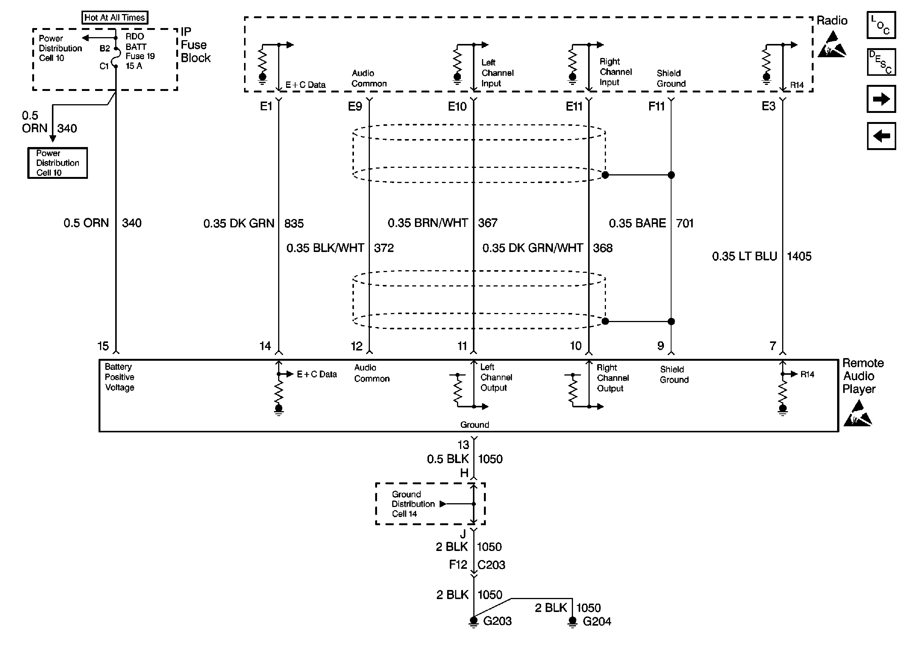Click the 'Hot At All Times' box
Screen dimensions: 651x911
(114, 18)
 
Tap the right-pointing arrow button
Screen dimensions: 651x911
(881, 99)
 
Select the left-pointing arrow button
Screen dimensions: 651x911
(881, 136)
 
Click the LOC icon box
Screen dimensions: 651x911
(881, 25)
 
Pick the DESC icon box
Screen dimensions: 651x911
(881, 62)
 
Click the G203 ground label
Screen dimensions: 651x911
(497, 621)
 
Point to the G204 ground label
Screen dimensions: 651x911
(596, 621)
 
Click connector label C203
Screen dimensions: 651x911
(491, 565)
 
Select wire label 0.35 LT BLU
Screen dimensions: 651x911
(744, 256)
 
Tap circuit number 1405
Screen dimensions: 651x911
(799, 256)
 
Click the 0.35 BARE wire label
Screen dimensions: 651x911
(637, 223)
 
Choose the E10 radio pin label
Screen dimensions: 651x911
(457, 106)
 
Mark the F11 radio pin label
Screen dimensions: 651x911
(656, 106)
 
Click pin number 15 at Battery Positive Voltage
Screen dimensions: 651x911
(103, 346)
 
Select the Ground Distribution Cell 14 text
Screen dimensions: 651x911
(413, 504)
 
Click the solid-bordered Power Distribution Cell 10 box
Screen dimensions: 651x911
(57, 163)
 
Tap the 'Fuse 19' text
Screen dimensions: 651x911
(140, 56)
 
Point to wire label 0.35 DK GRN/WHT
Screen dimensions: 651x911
(532, 248)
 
